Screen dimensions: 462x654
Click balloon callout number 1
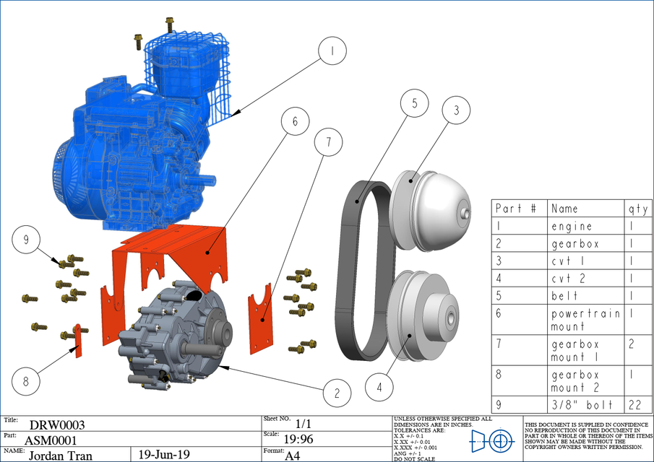point(331,52)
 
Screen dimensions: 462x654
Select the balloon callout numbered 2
point(336,393)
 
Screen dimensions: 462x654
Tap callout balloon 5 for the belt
point(415,103)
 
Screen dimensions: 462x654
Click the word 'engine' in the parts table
point(572,226)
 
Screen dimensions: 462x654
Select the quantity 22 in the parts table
point(635,405)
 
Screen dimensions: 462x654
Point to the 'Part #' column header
point(516,209)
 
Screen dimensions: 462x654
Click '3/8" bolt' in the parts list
point(582,405)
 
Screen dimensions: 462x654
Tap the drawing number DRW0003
point(57,425)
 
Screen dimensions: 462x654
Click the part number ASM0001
point(50,440)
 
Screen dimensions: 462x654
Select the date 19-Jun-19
point(164,455)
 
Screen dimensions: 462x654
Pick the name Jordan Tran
point(66,456)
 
